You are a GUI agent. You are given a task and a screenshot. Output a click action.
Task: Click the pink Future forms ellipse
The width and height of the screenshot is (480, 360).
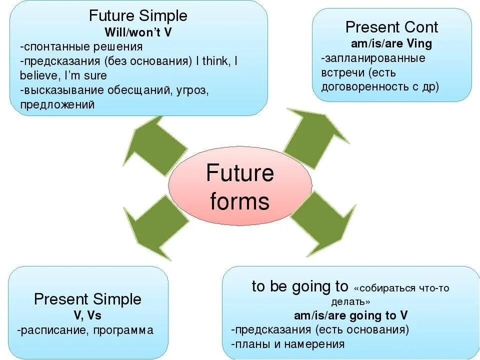[x=239, y=187]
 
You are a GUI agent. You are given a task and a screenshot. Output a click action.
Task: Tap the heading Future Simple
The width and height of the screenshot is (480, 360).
[x=138, y=16]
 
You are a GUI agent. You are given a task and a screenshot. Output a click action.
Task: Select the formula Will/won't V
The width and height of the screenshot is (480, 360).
[x=138, y=32]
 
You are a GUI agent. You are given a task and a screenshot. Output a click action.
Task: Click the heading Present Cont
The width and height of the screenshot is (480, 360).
[x=391, y=27]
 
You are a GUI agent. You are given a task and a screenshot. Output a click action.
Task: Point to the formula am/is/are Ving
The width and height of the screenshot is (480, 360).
[x=391, y=43]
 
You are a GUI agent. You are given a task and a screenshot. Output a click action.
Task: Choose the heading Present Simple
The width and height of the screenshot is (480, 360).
[x=87, y=299]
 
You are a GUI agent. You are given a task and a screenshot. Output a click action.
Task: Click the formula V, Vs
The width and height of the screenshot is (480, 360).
[x=87, y=315]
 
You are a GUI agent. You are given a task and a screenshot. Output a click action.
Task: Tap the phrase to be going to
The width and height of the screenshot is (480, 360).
[x=299, y=286]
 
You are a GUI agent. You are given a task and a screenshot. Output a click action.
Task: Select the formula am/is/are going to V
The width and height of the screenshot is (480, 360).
[x=350, y=315]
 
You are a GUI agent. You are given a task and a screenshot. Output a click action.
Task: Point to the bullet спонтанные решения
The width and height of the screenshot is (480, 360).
[x=82, y=47]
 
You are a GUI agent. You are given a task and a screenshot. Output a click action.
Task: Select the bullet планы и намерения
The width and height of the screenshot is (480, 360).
[x=288, y=344]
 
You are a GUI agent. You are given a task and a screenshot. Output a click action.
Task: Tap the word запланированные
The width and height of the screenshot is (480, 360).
[x=373, y=58]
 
